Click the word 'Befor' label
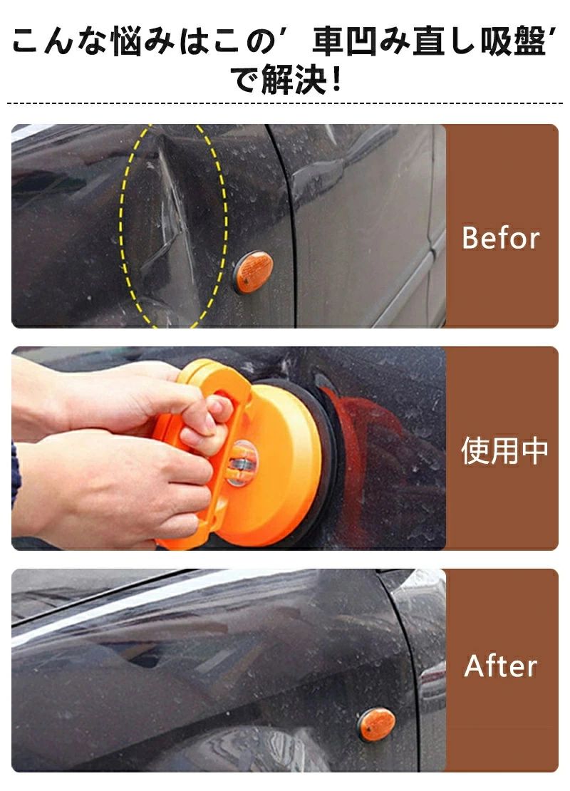[x=500, y=237]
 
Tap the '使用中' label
[x=504, y=450]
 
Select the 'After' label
[x=500, y=666]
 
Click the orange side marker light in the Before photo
[x=253, y=272]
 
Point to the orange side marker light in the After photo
[x=376, y=724]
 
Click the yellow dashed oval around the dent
[x=122, y=227]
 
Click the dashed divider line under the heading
[x=285, y=103]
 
